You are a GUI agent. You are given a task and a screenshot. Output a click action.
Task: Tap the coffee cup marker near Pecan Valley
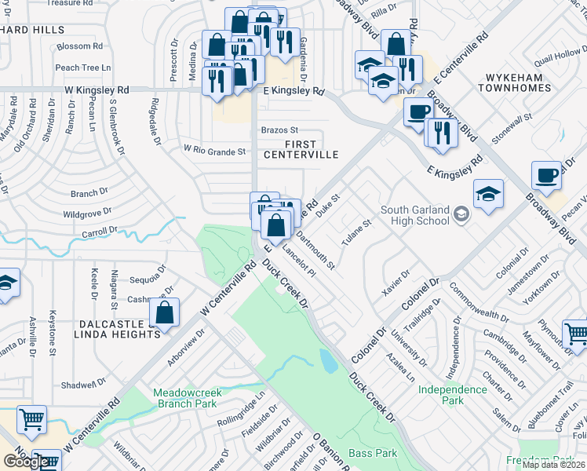pos(545,177)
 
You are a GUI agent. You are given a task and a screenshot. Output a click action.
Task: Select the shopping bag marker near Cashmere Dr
pos(166,314)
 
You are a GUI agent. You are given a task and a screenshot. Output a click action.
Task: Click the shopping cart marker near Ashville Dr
pos(31,420)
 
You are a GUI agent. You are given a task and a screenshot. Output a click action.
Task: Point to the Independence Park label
pos(452,395)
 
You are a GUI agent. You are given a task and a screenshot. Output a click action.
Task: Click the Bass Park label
pos(373,453)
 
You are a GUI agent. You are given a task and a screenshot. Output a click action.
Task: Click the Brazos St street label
pos(279,130)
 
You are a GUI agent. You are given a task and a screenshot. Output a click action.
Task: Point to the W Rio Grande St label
pos(214,148)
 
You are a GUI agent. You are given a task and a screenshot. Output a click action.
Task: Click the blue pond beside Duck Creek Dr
pos(328,360)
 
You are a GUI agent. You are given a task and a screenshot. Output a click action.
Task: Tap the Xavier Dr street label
pos(395,283)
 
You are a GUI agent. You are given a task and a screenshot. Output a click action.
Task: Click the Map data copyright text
pos(554,465)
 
